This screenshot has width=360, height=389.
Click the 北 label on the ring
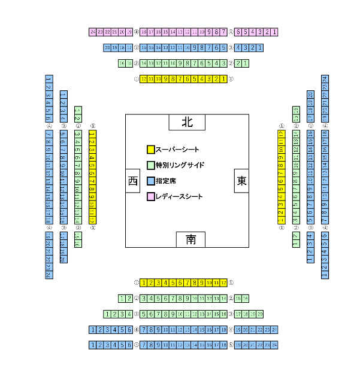coord(187,122)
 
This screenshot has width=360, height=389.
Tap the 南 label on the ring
coord(190,239)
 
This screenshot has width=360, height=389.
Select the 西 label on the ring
coord(132,181)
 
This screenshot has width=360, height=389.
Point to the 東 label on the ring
coord(241,181)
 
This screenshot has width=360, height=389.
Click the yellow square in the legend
coord(150,150)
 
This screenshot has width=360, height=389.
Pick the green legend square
coord(150,165)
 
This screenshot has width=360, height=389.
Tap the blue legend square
coord(150,181)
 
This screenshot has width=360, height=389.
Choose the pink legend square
coord(150,196)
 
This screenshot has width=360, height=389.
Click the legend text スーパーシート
coord(177,150)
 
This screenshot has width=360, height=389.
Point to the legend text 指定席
coord(165,181)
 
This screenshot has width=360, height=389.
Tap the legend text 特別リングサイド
coord(180,165)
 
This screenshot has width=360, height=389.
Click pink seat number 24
coord(92,32)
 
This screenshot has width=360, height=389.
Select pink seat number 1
coord(275,32)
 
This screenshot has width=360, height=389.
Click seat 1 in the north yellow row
coord(223,78)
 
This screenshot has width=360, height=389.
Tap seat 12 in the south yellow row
coord(223,282)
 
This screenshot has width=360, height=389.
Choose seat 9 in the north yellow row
coord(165,78)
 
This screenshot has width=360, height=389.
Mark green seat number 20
coord(260,314)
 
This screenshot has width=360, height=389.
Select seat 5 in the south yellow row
coord(173,282)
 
